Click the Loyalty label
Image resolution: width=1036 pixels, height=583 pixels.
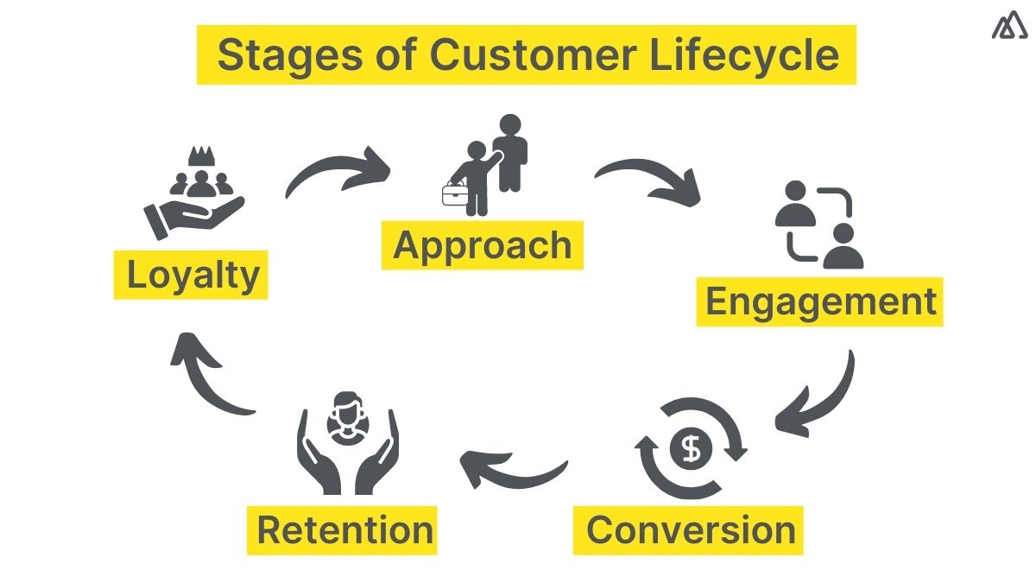click(x=192, y=276)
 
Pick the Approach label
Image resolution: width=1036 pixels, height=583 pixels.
click(x=482, y=246)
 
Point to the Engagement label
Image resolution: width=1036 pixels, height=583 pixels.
click(x=820, y=302)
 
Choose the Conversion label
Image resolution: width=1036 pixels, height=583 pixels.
click(x=690, y=529)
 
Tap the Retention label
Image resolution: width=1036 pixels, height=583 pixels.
click(x=344, y=529)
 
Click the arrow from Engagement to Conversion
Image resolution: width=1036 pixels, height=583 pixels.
click(x=820, y=393)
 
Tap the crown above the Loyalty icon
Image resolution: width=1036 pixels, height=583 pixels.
click(x=200, y=158)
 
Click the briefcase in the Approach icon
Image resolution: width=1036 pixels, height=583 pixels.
click(x=455, y=194)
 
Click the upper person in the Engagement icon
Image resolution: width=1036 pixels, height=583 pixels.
click(x=795, y=204)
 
